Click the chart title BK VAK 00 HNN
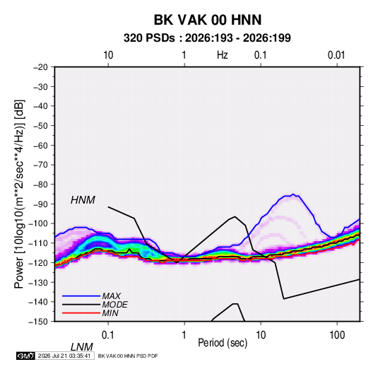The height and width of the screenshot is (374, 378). tap(208, 20)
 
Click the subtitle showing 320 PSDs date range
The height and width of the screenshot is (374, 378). tap(207, 38)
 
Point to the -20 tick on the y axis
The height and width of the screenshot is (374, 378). tap(40, 67)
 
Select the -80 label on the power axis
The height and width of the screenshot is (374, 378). tap(40, 185)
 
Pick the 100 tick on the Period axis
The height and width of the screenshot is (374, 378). tap(337, 335)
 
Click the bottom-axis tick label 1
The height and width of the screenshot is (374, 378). tap(184, 335)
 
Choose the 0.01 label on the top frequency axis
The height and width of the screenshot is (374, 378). tap(336, 55)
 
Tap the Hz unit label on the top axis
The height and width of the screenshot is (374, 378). tap(223, 55)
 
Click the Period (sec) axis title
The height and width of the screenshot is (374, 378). tap(223, 343)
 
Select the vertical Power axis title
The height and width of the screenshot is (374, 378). tap(19, 194)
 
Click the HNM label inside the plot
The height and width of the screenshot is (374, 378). tap(83, 200)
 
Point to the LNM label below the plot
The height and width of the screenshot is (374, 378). tap(81, 347)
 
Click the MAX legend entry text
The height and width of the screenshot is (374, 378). tap(111, 296)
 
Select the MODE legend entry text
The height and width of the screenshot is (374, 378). tap(114, 305)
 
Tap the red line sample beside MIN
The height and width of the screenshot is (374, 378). tap(81, 313)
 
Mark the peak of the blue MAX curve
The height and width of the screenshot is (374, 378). tap(293, 194)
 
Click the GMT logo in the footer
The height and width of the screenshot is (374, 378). tap(25, 356)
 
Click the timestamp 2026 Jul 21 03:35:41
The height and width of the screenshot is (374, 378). tap(64, 356)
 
